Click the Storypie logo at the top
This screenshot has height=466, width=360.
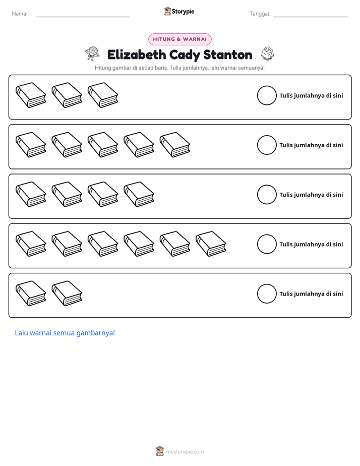[179, 11]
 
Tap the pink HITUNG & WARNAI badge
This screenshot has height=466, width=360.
[180, 39]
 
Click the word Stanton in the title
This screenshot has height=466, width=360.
[228, 54]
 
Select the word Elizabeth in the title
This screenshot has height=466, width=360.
[136, 54]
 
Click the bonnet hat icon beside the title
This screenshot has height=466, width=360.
[92, 53]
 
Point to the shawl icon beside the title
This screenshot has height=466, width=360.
[268, 53]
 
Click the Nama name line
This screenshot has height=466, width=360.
[83, 17]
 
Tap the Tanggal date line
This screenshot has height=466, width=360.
[311, 17]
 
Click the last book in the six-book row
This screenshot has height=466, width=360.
[211, 244]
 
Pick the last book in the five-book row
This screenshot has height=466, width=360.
[175, 145]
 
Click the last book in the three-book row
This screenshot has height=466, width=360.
[103, 95]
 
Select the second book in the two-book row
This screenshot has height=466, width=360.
[67, 294]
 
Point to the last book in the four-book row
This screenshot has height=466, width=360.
[139, 194]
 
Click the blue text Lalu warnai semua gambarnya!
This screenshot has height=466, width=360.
[65, 333]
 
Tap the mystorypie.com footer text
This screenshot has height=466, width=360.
[185, 452]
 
